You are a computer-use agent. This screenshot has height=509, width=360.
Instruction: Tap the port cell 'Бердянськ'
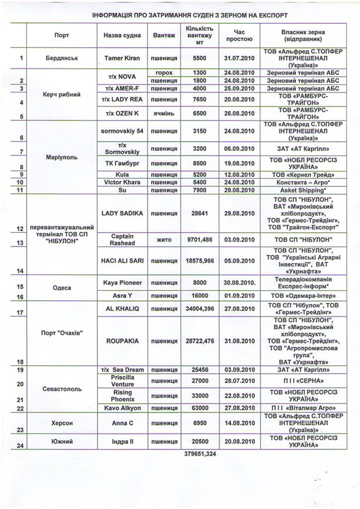(67, 58)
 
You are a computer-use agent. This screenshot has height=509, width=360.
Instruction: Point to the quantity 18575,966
(199, 262)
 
